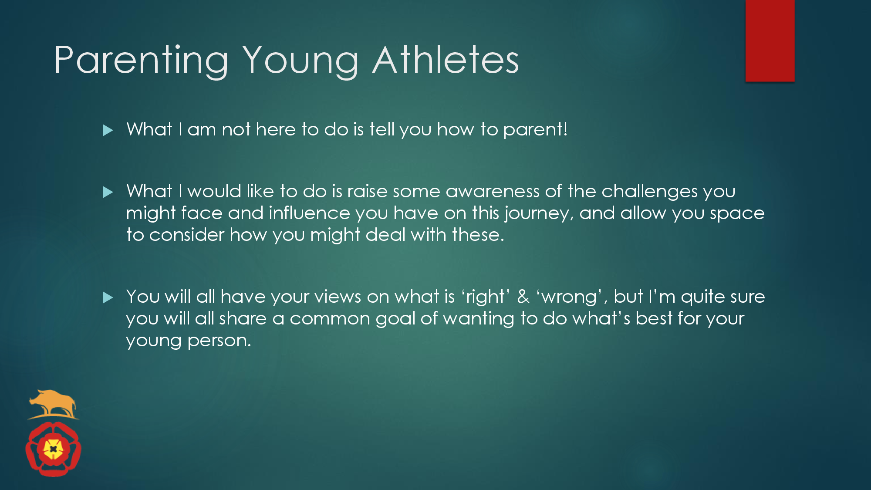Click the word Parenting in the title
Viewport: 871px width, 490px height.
[142, 61]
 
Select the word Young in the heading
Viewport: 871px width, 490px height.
[300, 61]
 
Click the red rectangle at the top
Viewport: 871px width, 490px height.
[770, 41]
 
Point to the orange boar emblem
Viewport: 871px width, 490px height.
[53, 404]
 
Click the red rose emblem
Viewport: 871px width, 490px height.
[54, 449]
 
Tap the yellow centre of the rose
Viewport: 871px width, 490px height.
[54, 449]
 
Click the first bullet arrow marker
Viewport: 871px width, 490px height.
[108, 130]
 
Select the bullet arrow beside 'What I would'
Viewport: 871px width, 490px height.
[108, 192]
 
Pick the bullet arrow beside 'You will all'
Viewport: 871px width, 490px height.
[108, 297]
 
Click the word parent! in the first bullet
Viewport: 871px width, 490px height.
[535, 130]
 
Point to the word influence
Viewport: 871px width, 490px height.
[309, 213]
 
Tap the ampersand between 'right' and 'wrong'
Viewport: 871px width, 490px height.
[523, 297]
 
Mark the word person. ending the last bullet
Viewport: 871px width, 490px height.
[219, 341]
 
